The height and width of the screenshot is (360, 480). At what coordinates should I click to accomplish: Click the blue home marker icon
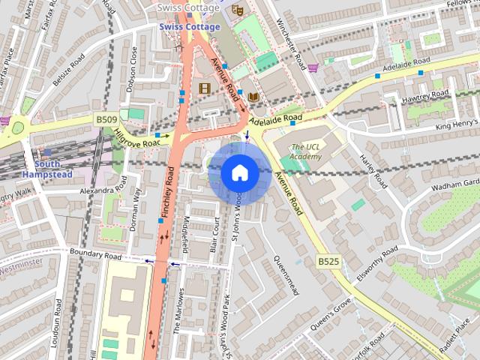(239, 173)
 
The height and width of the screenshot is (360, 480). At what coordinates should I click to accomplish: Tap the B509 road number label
(106, 118)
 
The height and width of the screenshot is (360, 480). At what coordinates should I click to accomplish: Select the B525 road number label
(328, 261)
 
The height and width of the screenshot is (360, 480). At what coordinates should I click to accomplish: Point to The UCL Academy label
(307, 151)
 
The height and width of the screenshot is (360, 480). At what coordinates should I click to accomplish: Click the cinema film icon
(204, 88)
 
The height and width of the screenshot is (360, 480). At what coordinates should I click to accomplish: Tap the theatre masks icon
(237, 10)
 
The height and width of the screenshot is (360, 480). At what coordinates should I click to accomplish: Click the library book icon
(253, 97)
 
